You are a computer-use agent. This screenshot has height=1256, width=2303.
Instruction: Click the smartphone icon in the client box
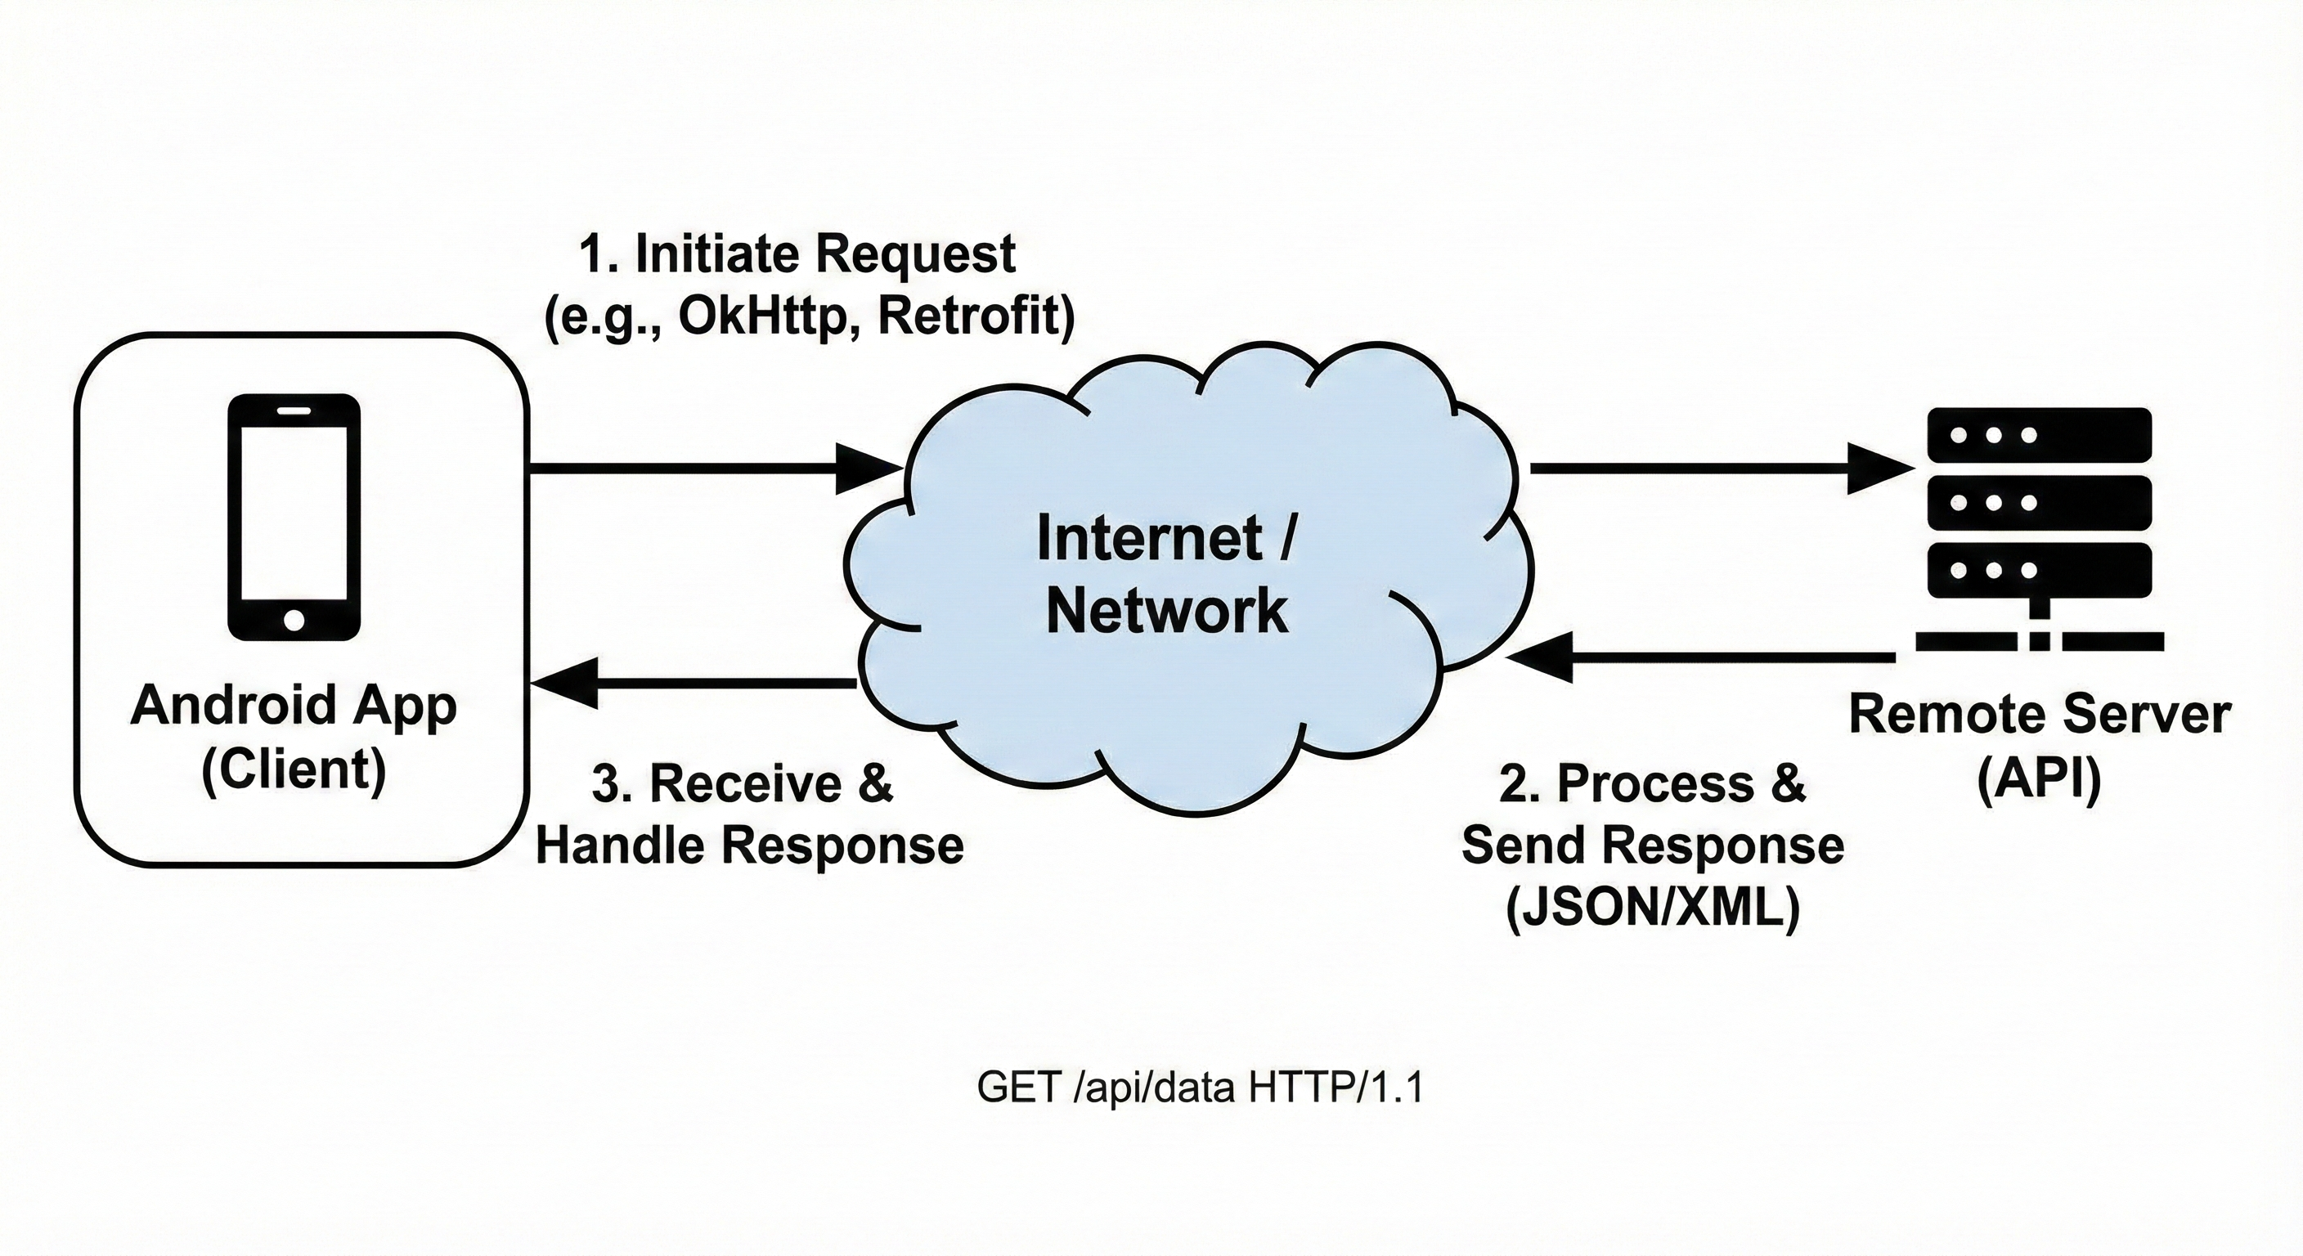tap(294, 517)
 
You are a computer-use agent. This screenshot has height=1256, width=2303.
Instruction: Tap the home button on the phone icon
tap(294, 619)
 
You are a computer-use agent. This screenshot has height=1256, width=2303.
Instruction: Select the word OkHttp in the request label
tap(761, 316)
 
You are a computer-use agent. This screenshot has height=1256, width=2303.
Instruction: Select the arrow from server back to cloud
tap(1699, 658)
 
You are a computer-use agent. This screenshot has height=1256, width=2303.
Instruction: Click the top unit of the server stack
tap(2038, 435)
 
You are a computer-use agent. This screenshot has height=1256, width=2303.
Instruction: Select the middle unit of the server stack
tap(2038, 502)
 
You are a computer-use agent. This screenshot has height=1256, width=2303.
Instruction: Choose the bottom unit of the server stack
tap(2038, 569)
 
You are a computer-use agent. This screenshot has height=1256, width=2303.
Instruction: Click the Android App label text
tap(294, 706)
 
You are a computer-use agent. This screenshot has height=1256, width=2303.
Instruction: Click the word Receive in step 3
tap(745, 784)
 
